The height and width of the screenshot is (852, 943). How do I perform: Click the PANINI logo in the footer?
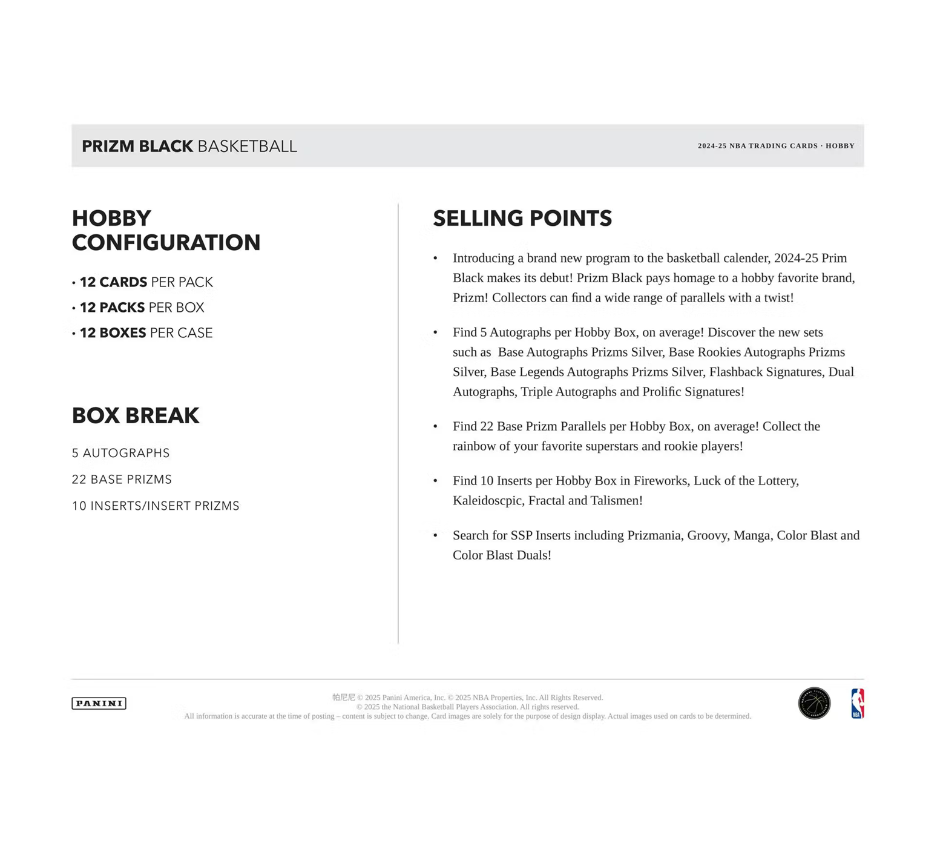[99, 703]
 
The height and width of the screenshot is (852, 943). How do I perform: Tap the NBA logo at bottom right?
[857, 703]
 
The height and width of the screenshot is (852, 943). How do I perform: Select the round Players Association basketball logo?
[814, 703]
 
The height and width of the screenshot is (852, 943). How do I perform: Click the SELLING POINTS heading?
[522, 219]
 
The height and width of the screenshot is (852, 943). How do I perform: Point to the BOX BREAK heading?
[136, 416]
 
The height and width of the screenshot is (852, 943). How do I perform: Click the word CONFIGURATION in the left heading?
[166, 243]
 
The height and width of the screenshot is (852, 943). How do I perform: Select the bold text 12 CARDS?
[114, 282]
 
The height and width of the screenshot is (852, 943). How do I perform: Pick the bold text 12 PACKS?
[113, 308]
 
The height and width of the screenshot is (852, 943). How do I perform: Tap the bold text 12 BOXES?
[113, 333]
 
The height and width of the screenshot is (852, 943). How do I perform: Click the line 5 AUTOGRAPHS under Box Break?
[121, 453]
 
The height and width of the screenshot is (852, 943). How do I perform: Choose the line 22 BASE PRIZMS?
[122, 480]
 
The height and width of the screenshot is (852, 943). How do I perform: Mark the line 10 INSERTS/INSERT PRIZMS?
[156, 506]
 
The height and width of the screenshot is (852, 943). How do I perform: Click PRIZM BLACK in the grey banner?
[137, 147]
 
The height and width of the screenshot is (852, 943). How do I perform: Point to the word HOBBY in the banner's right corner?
[840, 146]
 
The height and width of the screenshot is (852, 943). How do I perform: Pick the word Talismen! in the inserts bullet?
[616, 501]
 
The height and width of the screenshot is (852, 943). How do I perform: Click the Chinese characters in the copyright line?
[344, 698]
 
